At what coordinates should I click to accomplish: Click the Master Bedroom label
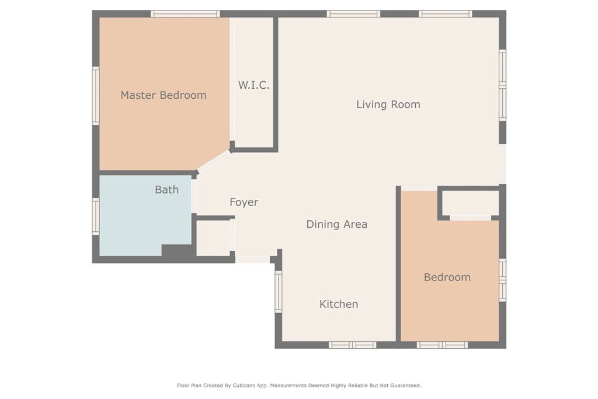[164, 95]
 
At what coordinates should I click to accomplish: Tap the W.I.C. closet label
[253, 85]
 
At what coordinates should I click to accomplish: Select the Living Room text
[388, 105]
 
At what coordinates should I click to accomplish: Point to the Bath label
[166, 190]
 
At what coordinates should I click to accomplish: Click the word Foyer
[244, 202]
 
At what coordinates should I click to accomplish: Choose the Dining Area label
[337, 224]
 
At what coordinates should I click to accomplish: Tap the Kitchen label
[339, 304]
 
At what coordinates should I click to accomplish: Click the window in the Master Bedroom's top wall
[185, 14]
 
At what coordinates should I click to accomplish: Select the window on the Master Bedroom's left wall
[96, 96]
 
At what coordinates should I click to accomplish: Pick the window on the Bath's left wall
[96, 216]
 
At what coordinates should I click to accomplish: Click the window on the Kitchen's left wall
[279, 292]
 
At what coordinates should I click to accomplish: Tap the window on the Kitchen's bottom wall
[352, 345]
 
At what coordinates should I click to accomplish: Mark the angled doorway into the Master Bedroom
[214, 161]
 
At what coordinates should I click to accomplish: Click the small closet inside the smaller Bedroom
[471, 203]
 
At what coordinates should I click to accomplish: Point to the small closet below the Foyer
[213, 238]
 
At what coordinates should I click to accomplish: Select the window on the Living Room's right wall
[503, 85]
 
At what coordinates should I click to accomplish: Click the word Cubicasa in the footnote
[244, 386]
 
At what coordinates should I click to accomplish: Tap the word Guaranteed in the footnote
[406, 386]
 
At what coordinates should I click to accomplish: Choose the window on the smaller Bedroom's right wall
[503, 280]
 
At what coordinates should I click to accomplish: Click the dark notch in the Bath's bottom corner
[176, 250]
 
